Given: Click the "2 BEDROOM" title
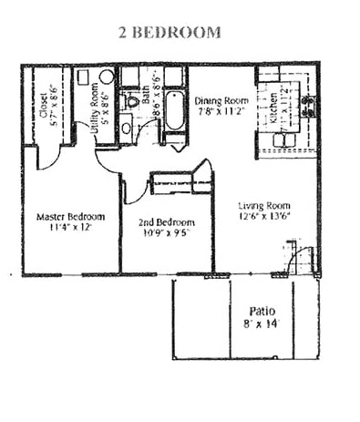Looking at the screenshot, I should click(x=170, y=33).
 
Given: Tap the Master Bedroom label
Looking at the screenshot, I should click(x=70, y=218).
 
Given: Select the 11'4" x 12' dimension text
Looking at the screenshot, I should click(x=70, y=230).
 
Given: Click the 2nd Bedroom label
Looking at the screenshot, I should click(x=166, y=222).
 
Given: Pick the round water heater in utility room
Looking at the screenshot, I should click(x=96, y=91).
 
